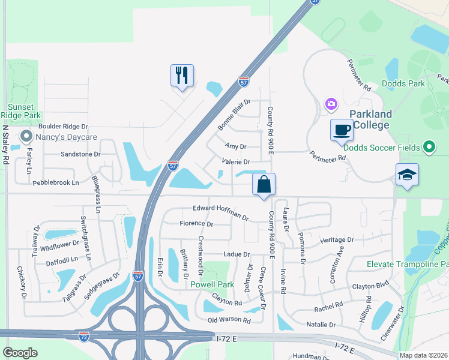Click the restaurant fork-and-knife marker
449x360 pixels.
pyautogui.click(x=182, y=75)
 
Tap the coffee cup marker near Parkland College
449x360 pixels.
pyautogui.click(x=342, y=130)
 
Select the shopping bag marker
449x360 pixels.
pyautogui.click(x=264, y=184)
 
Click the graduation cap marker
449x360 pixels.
pyautogui.click(x=407, y=175)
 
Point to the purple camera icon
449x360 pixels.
pyautogui.click(x=331, y=105)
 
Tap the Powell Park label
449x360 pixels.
pyautogui.click(x=211, y=285)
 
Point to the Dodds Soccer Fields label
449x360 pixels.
pyautogui.click(x=385, y=146)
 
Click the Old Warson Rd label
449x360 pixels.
pyautogui.click(x=229, y=320)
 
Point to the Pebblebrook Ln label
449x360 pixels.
pyautogui.click(x=56, y=182)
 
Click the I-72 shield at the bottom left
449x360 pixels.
pyautogui.click(x=85, y=337)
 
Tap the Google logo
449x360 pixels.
pyautogui.click(x=20, y=352)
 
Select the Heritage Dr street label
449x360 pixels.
pyautogui.click(x=337, y=240)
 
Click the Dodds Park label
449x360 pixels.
pyautogui.click(x=408, y=84)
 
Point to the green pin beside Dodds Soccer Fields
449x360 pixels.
pyautogui.click(x=428, y=146)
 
